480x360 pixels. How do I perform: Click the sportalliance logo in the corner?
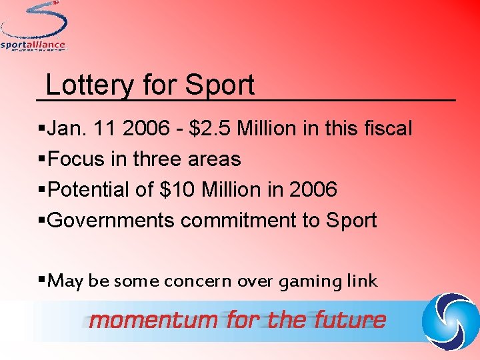pyautogui.click(x=33, y=27)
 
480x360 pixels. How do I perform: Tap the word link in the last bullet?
pyautogui.click(x=362, y=281)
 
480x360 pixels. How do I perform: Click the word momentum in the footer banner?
pyautogui.click(x=155, y=320)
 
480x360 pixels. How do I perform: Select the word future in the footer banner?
pyautogui.click(x=350, y=320)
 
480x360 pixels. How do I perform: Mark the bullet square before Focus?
pyautogui.click(x=43, y=159)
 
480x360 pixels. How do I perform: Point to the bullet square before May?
pyautogui.click(x=43, y=281)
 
